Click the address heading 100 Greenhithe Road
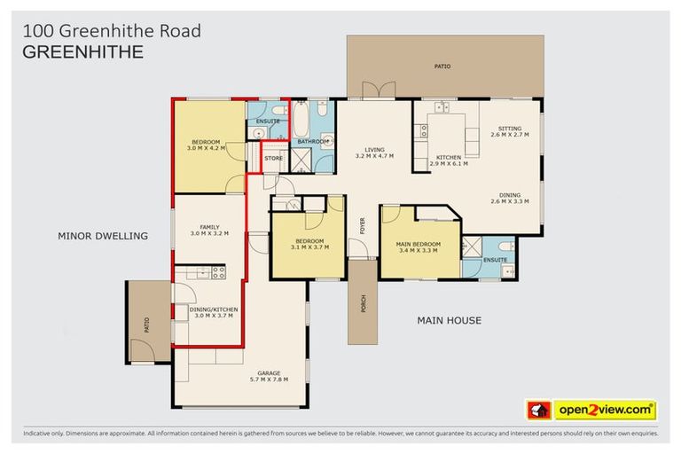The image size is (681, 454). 110,31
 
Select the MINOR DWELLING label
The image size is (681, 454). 102,236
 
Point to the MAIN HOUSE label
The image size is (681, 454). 449,320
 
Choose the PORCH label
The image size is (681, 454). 363,302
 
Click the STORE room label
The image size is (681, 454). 274,158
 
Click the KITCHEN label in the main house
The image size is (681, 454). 446,157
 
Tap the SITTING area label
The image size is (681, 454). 510,129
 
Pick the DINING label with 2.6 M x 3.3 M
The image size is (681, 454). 509,195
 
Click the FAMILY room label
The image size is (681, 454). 209,227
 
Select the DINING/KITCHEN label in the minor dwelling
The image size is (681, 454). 210,309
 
